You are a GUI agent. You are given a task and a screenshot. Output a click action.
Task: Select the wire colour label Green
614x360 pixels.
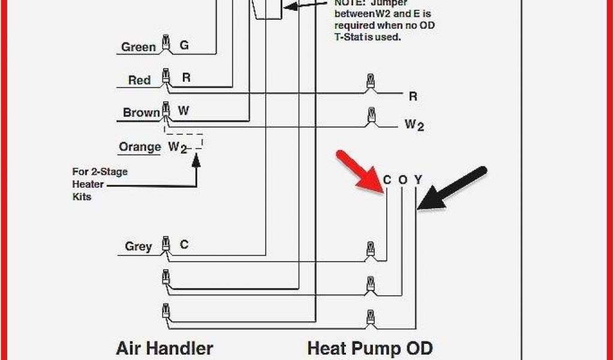point(139,47)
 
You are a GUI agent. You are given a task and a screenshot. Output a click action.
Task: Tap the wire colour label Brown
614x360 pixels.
point(141,113)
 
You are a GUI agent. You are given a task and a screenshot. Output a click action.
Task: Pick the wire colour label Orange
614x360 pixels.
point(140,147)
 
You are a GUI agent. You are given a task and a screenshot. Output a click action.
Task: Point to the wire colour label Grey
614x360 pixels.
point(138,247)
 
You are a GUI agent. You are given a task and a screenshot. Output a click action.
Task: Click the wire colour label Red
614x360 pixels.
point(139,80)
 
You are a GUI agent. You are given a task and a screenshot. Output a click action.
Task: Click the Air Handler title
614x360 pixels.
point(164,348)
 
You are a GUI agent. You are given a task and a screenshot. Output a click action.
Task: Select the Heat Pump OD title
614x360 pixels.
point(369,348)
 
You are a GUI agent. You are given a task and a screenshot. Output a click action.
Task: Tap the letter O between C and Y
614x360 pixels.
point(402,179)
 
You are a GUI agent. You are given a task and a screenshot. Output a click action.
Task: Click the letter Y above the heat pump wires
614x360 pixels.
point(419,179)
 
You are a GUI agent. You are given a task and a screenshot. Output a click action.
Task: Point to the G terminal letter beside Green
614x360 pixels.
point(184,45)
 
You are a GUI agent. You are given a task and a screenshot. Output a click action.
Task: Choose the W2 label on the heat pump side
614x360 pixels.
point(414,125)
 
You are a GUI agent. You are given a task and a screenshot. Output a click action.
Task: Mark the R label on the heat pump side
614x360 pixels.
point(413,96)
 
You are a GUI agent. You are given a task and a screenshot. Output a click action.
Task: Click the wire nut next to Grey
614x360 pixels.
point(165,245)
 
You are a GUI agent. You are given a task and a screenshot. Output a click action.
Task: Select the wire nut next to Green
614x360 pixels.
point(165,46)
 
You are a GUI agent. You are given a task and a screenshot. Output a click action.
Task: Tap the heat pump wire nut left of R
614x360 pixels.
point(371,82)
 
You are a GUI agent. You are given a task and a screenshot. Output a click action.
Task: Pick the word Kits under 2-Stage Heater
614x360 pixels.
point(82,196)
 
